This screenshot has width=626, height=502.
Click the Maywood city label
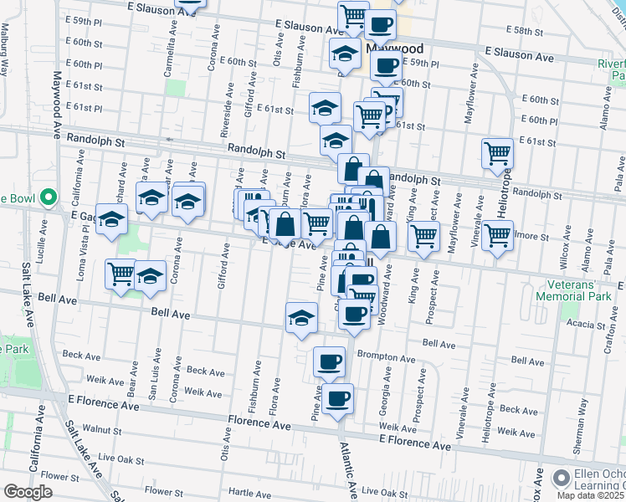click(395, 49)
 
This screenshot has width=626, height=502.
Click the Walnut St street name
click(103, 429)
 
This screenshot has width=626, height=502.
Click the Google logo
click(28, 492)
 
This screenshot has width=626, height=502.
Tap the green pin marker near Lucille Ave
click(49, 198)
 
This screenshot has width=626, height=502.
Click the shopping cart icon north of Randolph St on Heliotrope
click(498, 153)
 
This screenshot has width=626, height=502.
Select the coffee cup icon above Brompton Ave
click(329, 361)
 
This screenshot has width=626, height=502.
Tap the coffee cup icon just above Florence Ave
click(337, 397)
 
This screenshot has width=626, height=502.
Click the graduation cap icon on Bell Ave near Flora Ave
click(302, 316)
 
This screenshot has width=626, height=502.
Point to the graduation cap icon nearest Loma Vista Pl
click(110, 219)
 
